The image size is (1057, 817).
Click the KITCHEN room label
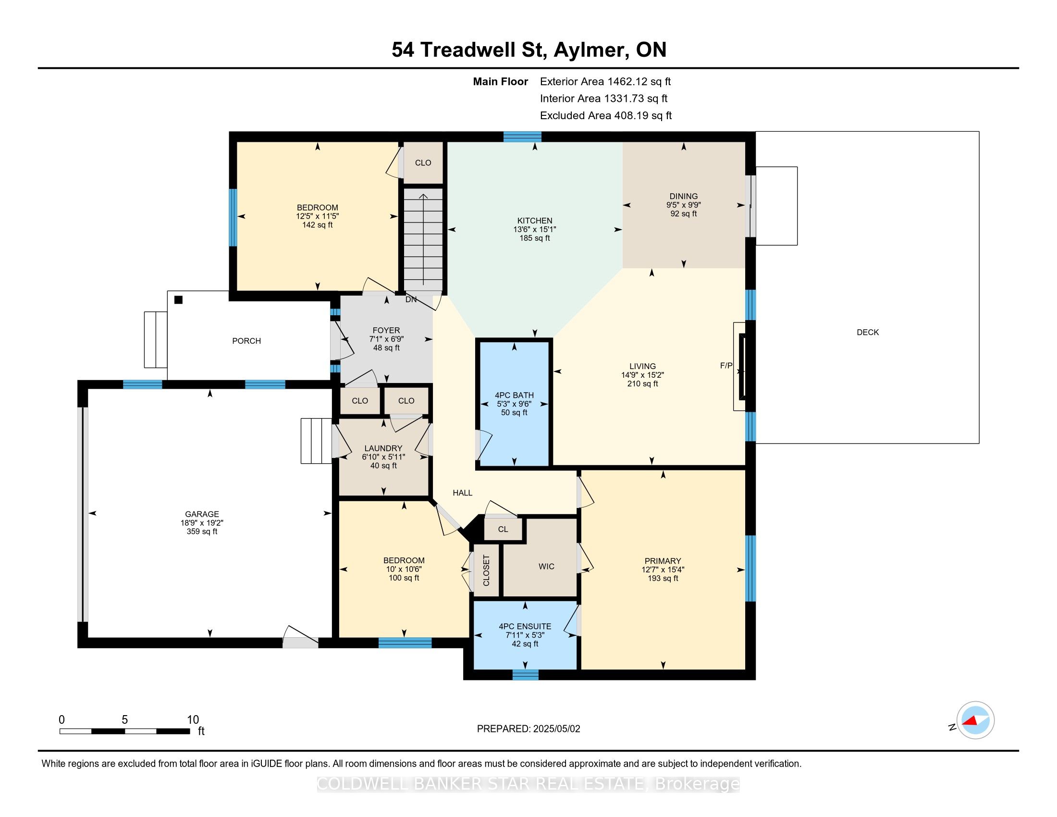coord(534,221)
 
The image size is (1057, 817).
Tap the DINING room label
coord(683,196)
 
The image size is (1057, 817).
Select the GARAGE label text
coord(202,514)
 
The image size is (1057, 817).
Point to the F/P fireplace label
coord(726,366)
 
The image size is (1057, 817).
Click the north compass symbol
coord(975,720)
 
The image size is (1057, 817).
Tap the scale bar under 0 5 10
coord(124,731)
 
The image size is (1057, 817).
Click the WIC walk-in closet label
coord(546,566)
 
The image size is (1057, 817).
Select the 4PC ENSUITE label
coord(525,626)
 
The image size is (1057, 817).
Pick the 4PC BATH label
coord(514,395)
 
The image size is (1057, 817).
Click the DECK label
coord(868,332)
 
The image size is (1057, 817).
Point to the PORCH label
coord(246,341)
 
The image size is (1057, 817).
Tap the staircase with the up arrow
coord(423,239)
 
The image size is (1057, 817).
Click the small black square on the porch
coord(178,299)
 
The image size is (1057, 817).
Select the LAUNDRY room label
coord(383,448)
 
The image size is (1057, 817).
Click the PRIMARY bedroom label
coord(663,561)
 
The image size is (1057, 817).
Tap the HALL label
coord(462,493)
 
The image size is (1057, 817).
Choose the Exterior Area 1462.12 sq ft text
coord(605,81)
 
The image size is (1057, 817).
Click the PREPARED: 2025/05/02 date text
coord(528,729)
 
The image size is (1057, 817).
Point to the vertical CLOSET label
coord(486,570)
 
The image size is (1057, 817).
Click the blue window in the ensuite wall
coord(525,675)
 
